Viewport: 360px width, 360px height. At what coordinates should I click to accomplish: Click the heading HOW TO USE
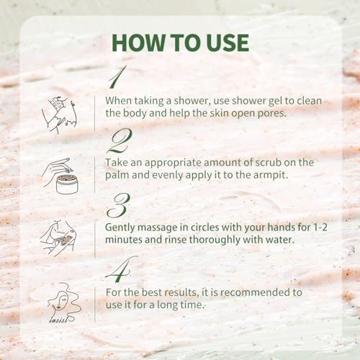[180, 43]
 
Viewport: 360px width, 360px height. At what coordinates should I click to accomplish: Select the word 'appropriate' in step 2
[175, 162]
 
